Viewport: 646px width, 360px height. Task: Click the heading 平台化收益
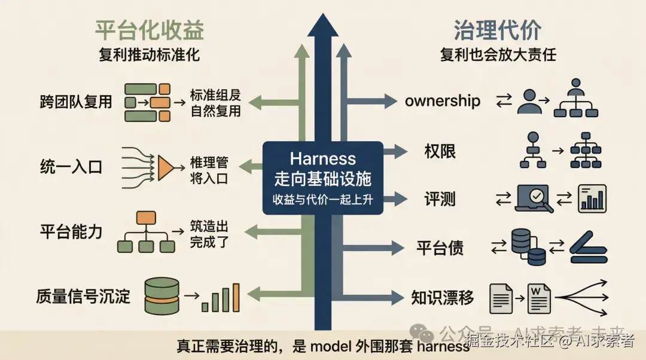coord(150,29)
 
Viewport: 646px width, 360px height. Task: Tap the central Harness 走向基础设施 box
coord(323,178)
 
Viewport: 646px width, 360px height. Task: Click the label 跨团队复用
coord(75,101)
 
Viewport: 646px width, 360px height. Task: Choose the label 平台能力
coord(71,231)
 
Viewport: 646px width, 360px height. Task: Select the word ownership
coord(443,100)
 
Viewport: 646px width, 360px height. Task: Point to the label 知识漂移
coord(443,297)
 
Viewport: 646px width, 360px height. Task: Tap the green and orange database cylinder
coord(162,296)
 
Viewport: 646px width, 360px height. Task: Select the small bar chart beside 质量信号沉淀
coord(220,298)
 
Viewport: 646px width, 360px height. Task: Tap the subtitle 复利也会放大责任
coord(498,55)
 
